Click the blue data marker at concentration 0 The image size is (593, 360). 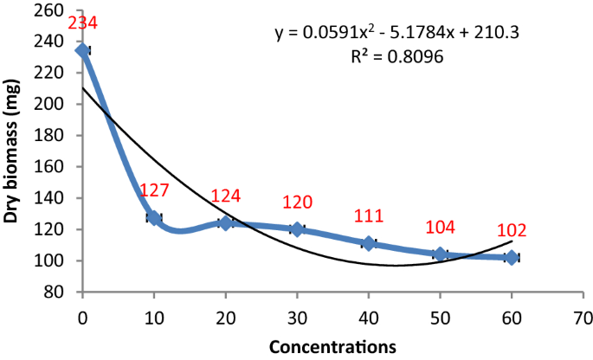(x=83, y=50)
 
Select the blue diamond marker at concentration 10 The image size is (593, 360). (x=154, y=217)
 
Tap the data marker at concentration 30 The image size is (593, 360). (x=297, y=229)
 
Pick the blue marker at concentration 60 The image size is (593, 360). (x=512, y=257)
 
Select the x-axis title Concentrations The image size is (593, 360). (x=332, y=345)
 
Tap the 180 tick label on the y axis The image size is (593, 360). (x=55, y=135)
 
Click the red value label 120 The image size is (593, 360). (x=297, y=202)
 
